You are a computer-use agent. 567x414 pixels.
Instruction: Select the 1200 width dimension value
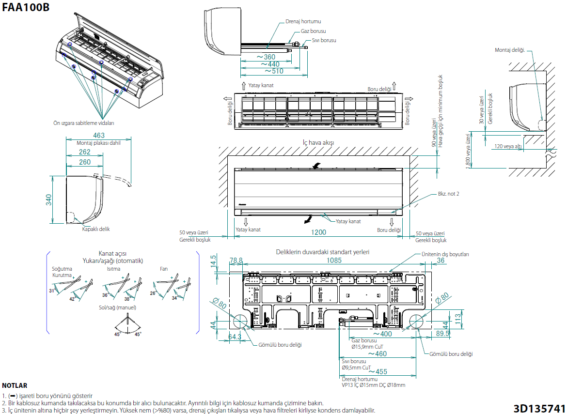[318, 232]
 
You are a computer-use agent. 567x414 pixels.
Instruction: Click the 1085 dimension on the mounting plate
[334, 261]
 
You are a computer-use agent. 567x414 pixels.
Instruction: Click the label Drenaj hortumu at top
[303, 22]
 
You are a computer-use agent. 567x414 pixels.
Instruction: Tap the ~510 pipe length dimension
[274, 71]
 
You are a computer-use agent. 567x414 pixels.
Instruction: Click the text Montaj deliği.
[510, 50]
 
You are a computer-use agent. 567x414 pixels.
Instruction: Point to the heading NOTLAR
[15, 386]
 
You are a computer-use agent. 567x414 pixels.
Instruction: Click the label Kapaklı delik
[96, 229]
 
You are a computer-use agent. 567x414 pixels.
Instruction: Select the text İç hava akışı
[318, 143]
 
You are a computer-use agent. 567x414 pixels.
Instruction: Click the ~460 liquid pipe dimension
[381, 353]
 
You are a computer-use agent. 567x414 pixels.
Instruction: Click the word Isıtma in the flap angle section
[113, 268]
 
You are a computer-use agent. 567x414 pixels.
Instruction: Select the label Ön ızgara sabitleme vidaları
[83, 123]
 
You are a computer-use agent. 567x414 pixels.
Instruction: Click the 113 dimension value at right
[457, 318]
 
